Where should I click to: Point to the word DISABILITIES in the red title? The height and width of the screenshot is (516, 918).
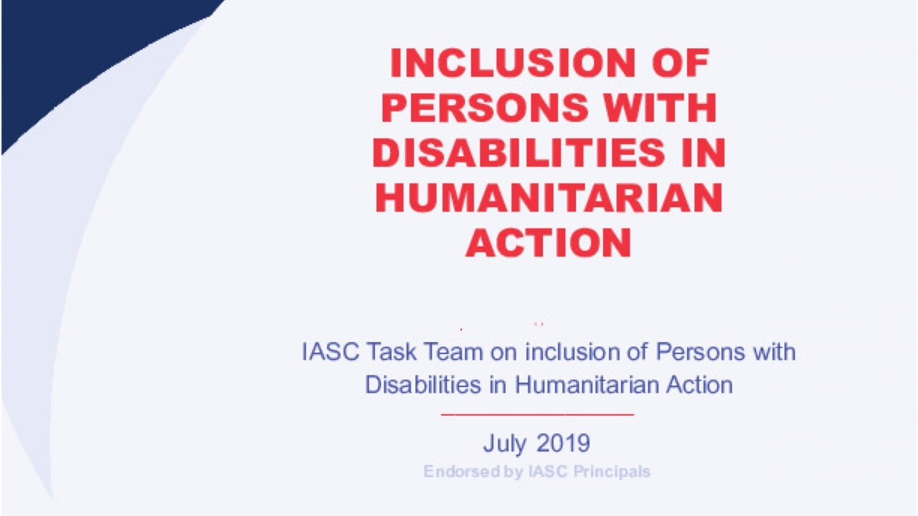click(519, 153)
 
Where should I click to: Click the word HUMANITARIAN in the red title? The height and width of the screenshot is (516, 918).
click(549, 197)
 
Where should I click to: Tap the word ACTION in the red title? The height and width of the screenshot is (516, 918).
click(549, 242)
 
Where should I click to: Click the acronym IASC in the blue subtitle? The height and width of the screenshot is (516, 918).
click(331, 352)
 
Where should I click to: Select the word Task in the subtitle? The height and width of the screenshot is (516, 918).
click(392, 352)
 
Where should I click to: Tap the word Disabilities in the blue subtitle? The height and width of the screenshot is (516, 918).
click(423, 385)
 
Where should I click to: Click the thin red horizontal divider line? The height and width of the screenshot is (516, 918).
click(537, 414)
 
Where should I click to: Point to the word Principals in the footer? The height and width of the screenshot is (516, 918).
click(612, 472)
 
